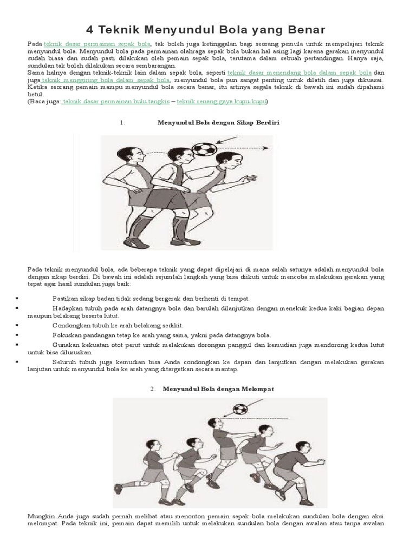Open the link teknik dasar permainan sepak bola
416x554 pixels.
pos(97,43)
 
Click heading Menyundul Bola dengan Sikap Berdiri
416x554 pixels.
pos(218,123)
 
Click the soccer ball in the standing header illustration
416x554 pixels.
pos(204,149)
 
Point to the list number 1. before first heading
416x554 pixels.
pos(122,123)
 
